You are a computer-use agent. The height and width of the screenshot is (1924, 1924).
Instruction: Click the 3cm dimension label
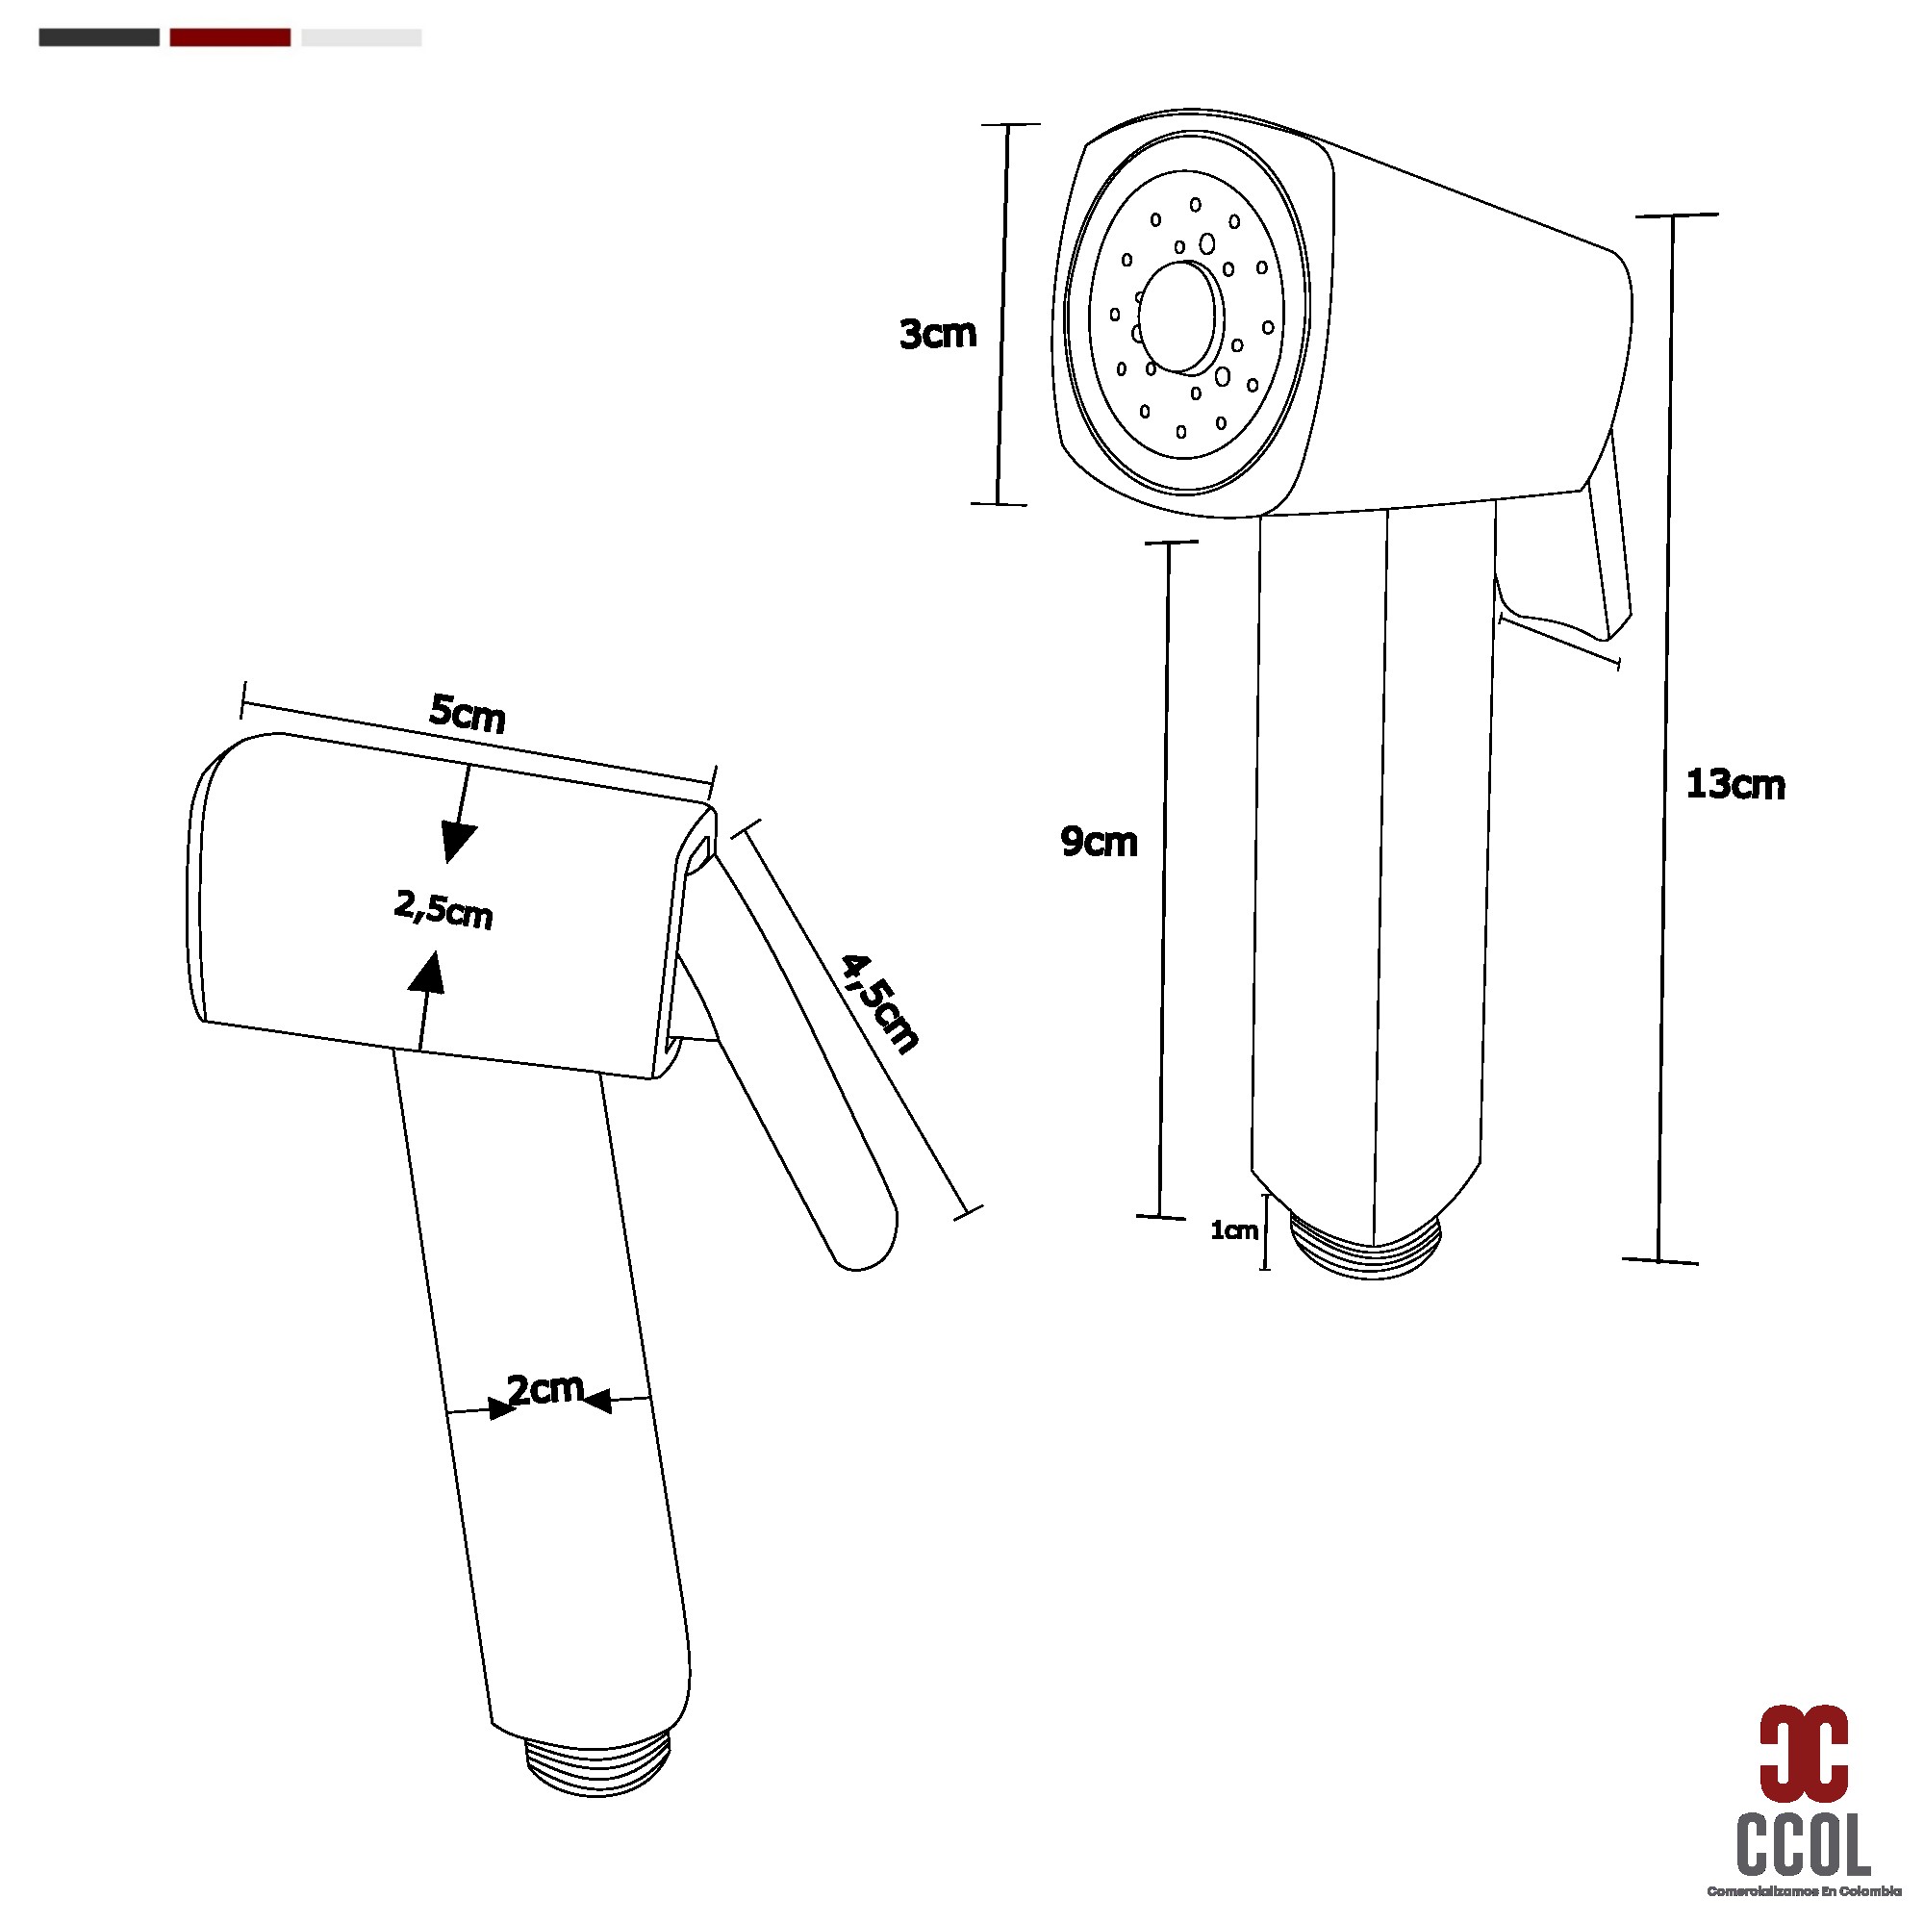(x=937, y=335)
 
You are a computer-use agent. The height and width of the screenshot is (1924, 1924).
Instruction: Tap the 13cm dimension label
(x=1734, y=785)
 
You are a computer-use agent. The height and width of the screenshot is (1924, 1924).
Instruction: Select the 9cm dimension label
(x=1098, y=842)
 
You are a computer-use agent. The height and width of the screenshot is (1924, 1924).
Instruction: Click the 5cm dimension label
(x=468, y=713)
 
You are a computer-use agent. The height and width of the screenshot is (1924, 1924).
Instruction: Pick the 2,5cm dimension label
(x=443, y=908)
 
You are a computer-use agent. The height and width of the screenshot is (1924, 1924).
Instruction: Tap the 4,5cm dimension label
(x=878, y=1002)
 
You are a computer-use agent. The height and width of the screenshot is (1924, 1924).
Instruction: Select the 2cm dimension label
(x=544, y=1389)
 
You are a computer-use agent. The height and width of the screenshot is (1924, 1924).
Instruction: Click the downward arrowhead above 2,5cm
(x=457, y=843)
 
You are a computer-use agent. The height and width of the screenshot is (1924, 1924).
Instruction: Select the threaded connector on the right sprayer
(x=1366, y=1245)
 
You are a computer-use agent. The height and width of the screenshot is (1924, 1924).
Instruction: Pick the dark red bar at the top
(x=230, y=38)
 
